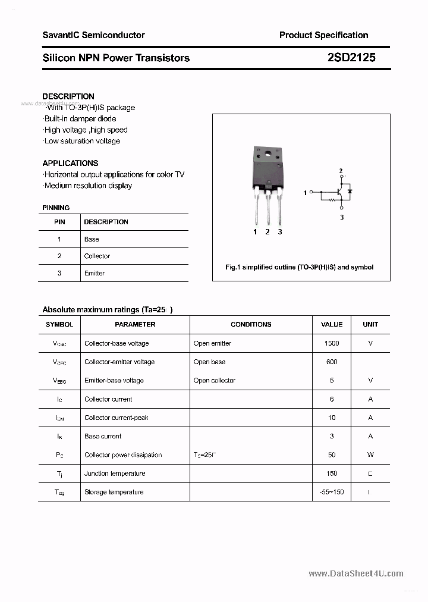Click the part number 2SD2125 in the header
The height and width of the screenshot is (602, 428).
tap(351, 58)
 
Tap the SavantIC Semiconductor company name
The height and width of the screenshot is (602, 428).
tap(93, 35)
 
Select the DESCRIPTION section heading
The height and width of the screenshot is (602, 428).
tap(68, 96)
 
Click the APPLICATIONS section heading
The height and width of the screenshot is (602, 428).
tap(70, 163)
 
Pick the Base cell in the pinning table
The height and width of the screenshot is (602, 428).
tap(92, 239)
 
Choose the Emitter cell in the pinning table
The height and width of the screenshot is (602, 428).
tap(94, 273)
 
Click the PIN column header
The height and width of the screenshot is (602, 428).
tap(59, 222)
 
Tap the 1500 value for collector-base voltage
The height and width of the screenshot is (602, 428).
tap(332, 343)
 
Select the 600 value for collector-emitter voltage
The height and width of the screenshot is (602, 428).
tap(332, 362)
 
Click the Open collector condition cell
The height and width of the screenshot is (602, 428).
tap(215, 381)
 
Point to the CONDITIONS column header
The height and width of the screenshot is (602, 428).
tap(251, 324)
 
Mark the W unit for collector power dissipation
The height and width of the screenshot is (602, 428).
tap(370, 455)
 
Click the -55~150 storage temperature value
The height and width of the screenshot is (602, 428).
tap(332, 492)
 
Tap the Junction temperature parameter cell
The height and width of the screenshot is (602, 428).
tap(115, 474)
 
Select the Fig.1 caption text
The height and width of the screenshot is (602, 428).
tap(300, 267)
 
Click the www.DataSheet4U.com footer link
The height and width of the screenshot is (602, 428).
tap(356, 573)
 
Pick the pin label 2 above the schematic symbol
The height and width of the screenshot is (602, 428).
tap(341, 171)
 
